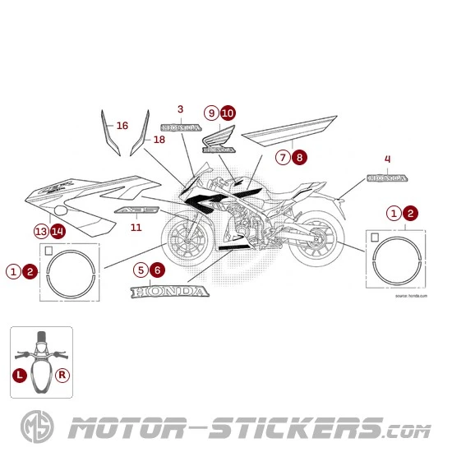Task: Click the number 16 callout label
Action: [122, 126]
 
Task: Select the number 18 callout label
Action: [159, 141]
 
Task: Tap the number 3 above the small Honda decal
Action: [180, 109]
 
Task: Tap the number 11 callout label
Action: [136, 227]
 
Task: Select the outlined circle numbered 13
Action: [41, 231]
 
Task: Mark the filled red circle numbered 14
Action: [58, 231]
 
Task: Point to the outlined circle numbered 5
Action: [141, 269]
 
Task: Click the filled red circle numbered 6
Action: [158, 269]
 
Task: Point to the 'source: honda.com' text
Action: [411, 293]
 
